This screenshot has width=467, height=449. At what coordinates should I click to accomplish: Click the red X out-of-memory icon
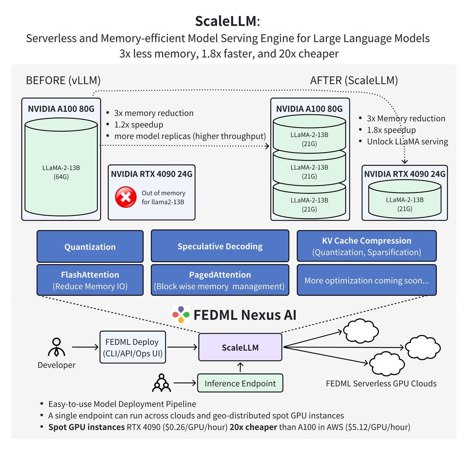126,197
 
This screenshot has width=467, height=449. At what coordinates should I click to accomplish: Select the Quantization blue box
90,247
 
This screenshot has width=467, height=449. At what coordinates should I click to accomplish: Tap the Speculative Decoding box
220,246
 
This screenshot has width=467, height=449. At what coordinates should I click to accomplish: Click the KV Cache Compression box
366,246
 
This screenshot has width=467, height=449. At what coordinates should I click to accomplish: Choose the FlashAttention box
90,280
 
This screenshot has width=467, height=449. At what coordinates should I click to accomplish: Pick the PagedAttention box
220,280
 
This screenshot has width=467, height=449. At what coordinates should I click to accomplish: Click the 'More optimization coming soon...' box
366,280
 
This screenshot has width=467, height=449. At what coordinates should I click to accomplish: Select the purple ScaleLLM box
240,347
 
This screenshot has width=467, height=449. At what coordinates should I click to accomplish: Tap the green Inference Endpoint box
240,383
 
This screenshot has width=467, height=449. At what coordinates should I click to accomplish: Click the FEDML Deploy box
132,347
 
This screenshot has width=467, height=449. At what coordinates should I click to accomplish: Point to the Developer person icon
56,347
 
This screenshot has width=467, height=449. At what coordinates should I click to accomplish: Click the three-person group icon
161,383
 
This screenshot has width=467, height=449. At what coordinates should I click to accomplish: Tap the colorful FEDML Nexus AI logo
181,315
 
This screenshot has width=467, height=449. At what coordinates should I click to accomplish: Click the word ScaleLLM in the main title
226,21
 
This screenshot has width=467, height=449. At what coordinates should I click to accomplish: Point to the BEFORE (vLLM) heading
63,80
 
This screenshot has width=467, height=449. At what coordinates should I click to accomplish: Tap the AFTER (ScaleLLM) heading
354,80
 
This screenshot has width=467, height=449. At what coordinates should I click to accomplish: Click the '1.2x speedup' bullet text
139,125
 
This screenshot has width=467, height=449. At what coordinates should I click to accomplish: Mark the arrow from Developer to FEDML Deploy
85,347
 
